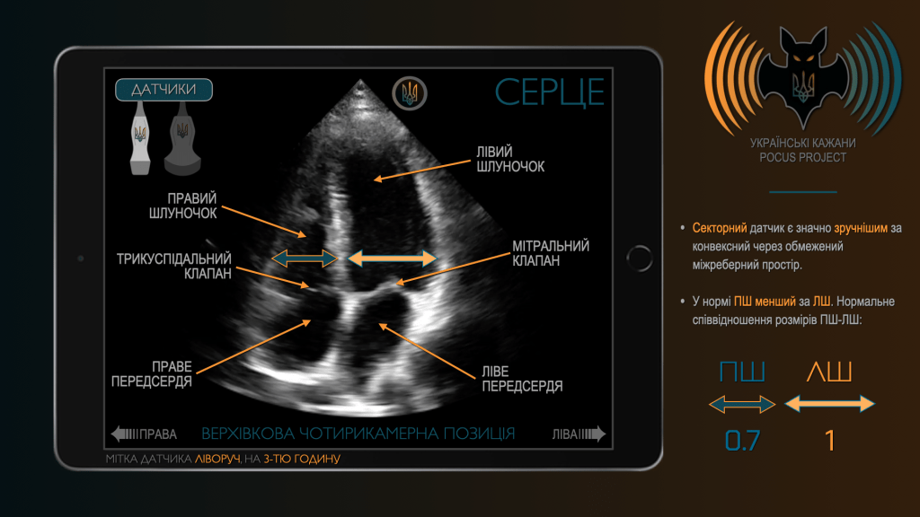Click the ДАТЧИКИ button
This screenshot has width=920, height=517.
coord(164,90)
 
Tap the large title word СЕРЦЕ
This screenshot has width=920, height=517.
coord(550,92)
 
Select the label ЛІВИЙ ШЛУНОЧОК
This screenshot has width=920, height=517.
coord(510,160)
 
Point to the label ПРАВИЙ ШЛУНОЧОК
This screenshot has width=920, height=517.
coord(183,206)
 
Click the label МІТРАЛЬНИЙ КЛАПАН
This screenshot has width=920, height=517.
coord(551,253)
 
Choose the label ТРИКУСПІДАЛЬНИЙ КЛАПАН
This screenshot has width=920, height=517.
coord(174,266)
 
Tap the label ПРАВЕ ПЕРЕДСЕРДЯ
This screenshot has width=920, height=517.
coord(152,374)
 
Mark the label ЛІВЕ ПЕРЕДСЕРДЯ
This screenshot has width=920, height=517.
coord(522,379)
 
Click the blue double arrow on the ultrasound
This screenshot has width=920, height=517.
coord(305,258)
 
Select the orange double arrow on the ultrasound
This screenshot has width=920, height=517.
coord(392,258)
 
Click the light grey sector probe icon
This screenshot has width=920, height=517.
coord(139,138)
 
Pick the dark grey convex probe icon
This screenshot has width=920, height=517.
coord(182,139)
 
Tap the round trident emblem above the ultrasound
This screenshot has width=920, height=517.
coord(410,93)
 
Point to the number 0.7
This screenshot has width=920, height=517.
coord(742,441)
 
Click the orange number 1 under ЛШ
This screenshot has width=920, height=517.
coord(829,441)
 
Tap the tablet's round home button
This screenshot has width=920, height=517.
coord(640,258)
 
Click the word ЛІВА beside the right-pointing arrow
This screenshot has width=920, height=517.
coord(565,434)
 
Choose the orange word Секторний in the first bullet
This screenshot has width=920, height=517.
coord(720,228)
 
